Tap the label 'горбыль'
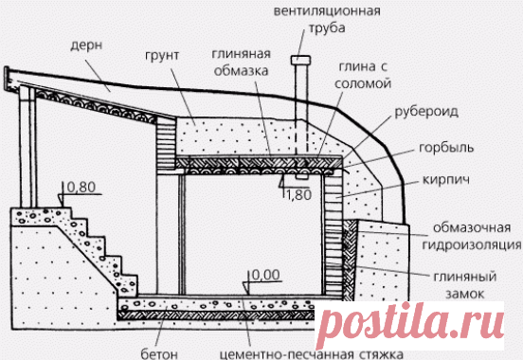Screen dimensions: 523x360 click(x=443, y=150)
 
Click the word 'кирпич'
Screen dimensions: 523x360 click(x=443, y=177)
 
